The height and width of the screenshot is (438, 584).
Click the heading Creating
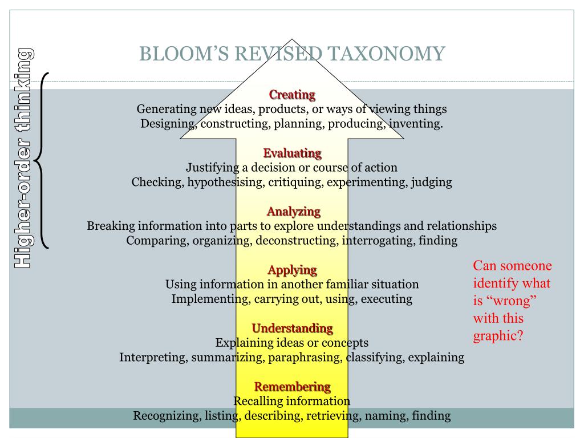click(x=292, y=95)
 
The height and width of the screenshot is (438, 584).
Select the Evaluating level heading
click(x=292, y=153)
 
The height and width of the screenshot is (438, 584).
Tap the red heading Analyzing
click(x=294, y=212)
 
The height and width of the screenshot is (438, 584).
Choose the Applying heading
click(x=292, y=270)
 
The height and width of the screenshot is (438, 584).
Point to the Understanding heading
click(x=292, y=328)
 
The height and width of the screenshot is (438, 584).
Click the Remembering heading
click(x=292, y=387)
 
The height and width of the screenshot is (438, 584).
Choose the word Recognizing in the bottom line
click(x=166, y=416)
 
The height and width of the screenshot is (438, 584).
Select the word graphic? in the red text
click(x=498, y=335)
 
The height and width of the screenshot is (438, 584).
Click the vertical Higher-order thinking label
click(x=23, y=159)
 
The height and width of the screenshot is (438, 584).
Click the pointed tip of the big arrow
click(x=292, y=40)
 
